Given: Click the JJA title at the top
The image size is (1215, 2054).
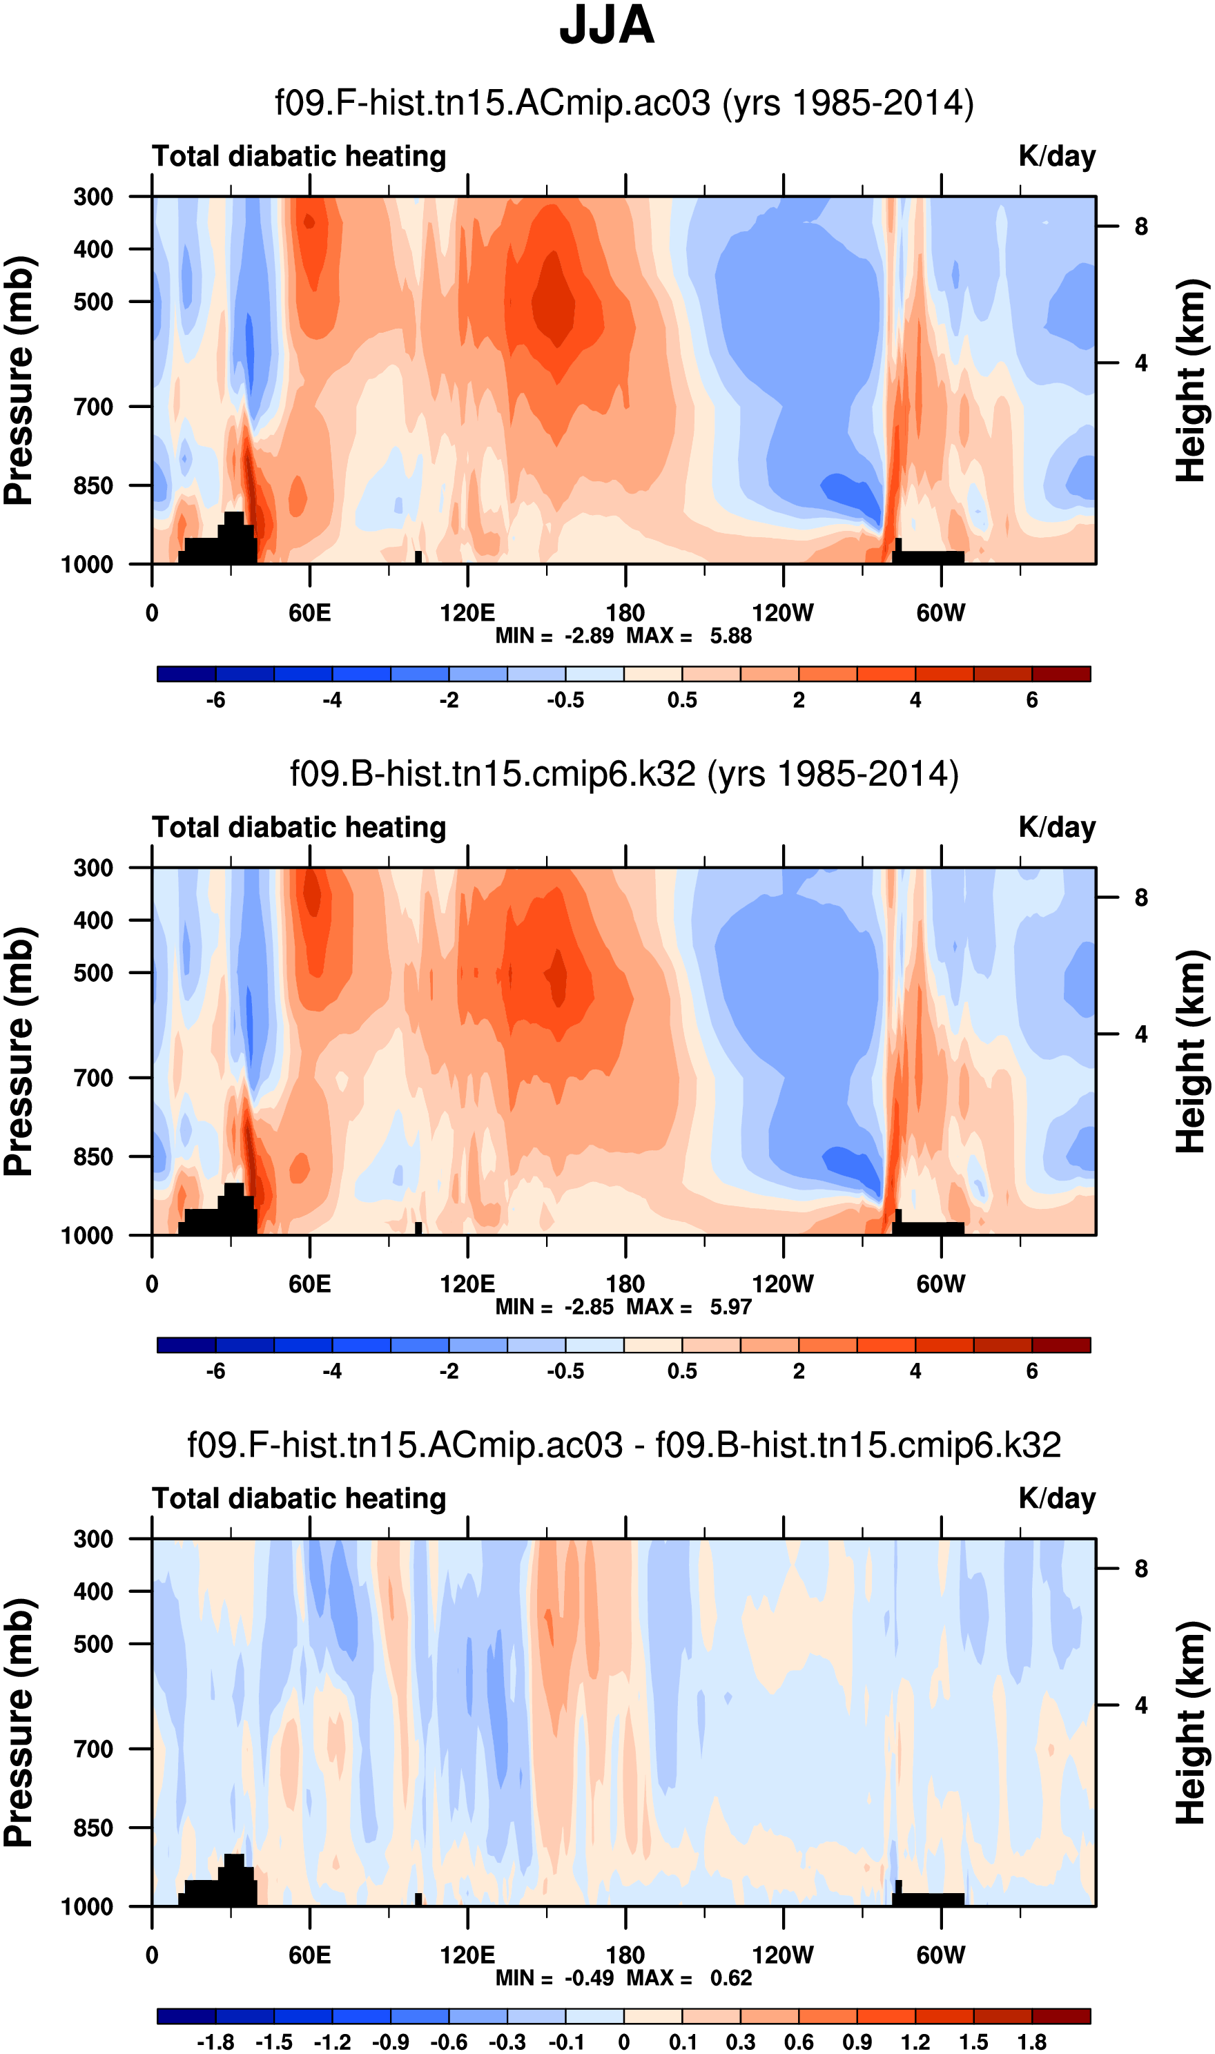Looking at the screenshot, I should pos(607,26).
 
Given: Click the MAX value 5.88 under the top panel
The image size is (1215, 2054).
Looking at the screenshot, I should pos(730,636).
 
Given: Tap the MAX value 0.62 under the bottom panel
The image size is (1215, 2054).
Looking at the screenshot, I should pos(730,1979).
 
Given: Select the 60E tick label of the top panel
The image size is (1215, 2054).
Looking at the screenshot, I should pos(309,613).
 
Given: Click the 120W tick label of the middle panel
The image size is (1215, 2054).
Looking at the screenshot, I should pos(783,1284).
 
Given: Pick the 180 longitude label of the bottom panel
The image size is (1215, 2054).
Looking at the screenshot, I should pos(625,1956).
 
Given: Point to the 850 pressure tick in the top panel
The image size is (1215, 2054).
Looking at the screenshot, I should pos(93,485).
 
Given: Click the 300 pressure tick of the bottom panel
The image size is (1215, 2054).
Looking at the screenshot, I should pos(93,1539).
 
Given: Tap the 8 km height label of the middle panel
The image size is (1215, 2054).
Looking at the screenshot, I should pos(1141,898).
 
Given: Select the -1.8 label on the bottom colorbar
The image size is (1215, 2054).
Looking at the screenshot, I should pos(215,2042).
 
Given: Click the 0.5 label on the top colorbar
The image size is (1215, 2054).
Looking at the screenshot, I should pos(682,700).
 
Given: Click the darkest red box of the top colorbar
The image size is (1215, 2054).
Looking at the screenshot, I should pos(1061,674).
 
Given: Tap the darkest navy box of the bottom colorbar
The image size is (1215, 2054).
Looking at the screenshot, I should pos(186,2016).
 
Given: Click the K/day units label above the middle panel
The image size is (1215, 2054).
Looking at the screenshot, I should pos(1057,828).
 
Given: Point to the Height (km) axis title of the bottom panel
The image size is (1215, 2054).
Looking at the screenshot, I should pos(1192,1723).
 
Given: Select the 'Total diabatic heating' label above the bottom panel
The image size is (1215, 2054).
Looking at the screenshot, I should pos(299,1499).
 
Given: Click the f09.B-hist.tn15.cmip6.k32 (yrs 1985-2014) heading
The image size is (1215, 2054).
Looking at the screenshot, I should pos(624,774).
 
